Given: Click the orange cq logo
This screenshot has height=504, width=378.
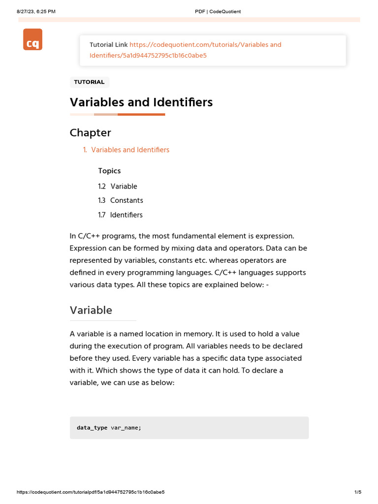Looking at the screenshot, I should pyautogui.click(x=32, y=39).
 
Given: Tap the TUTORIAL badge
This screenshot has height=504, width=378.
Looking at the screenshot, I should pyautogui.click(x=89, y=82).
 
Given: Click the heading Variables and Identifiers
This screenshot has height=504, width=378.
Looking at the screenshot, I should pyautogui.click(x=141, y=102).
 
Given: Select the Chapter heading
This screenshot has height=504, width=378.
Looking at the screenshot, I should pyautogui.click(x=91, y=133).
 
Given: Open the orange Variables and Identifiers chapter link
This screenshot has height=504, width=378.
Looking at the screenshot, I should pyautogui.click(x=130, y=150).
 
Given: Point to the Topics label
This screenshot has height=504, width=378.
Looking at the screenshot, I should pyautogui.click(x=109, y=171).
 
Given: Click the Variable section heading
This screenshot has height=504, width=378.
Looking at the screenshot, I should pyautogui.click(x=91, y=310).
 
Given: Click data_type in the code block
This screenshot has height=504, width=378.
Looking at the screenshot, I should pyautogui.click(x=92, y=428).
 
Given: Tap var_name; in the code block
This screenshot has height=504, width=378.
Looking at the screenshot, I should pyautogui.click(x=126, y=428).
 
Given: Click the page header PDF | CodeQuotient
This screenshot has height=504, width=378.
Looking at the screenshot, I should pyautogui.click(x=218, y=11).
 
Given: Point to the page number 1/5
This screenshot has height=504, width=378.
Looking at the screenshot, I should pyautogui.click(x=358, y=492).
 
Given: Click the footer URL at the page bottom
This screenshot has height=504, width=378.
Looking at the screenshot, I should pyautogui.click(x=91, y=492).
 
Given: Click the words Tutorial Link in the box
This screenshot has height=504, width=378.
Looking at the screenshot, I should pyautogui.click(x=108, y=45).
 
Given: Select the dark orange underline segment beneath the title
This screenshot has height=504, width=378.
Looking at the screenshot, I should pyautogui.click(x=141, y=115).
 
